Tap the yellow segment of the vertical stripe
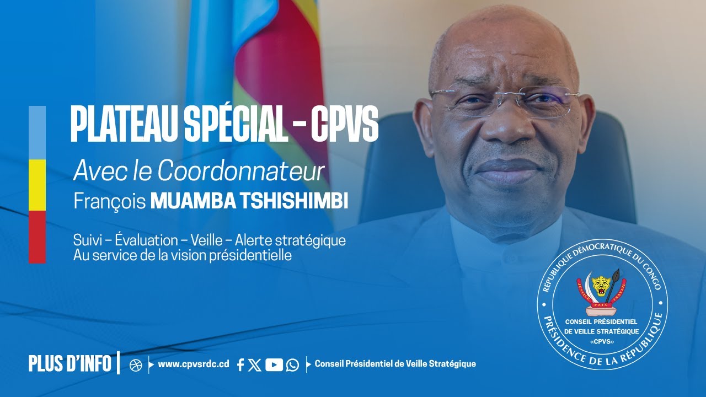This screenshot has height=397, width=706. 37,185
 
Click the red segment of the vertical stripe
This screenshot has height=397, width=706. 37,237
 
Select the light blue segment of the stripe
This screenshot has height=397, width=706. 37,132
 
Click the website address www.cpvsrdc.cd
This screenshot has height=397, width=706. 193,364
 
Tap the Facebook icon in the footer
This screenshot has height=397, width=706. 240,364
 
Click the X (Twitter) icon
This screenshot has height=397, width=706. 255,364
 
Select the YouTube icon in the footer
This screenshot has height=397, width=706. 274,364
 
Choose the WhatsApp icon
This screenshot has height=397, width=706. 292,364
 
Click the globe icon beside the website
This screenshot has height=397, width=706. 136,365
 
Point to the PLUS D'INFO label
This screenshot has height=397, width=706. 70,364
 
